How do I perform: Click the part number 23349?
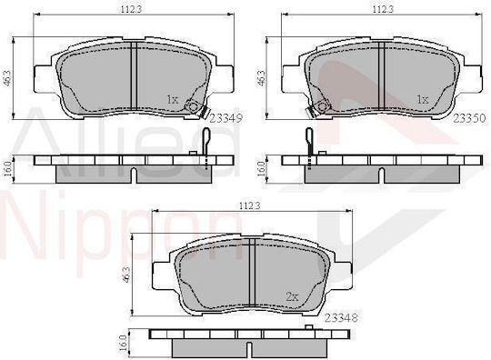[225, 119]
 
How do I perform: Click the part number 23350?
[470, 118]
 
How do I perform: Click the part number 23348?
[341, 318]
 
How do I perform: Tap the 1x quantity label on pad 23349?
[173, 100]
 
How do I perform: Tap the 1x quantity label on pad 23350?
[423, 100]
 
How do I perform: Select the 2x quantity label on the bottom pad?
[292, 296]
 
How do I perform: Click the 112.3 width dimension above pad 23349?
[131, 9]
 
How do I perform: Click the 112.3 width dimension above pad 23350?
[383, 9]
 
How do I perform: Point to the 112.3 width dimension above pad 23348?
[250, 205]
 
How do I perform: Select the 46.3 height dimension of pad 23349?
[8, 78]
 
